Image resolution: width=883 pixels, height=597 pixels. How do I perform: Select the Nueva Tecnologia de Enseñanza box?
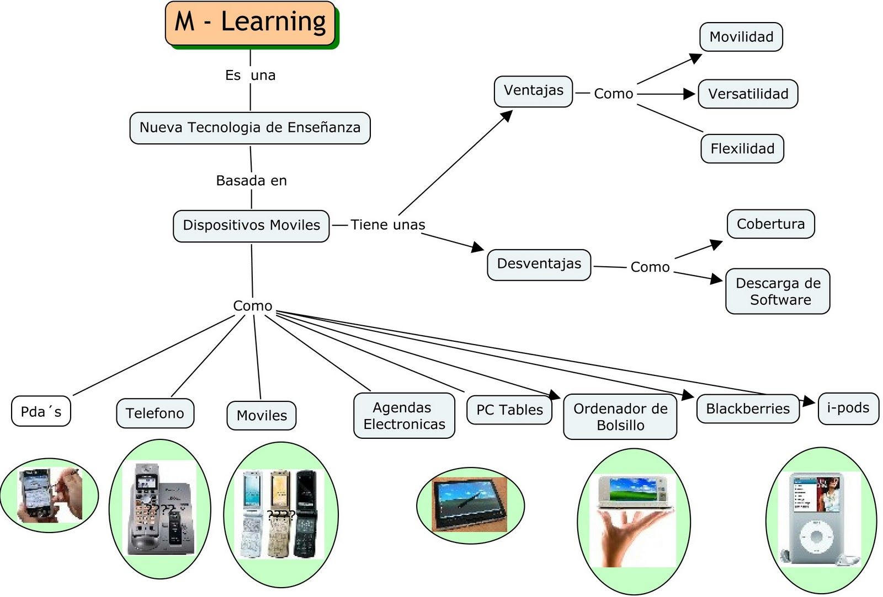249,128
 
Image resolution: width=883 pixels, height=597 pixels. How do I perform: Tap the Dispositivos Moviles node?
251,225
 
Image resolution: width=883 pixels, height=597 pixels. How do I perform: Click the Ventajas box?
533,91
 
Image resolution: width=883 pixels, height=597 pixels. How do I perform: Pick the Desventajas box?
539,264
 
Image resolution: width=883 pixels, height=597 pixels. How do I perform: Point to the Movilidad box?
741,37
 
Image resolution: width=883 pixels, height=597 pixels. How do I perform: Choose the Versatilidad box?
748,94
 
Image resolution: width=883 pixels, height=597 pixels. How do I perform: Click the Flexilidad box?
742,148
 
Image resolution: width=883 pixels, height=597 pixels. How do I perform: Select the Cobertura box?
770,224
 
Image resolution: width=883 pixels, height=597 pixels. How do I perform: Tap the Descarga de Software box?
778,291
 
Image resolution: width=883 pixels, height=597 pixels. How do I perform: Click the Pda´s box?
41,411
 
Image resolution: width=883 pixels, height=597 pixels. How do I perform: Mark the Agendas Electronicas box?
404,416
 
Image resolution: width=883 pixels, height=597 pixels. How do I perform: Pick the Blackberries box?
748,408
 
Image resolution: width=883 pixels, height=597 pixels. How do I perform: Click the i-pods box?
848,408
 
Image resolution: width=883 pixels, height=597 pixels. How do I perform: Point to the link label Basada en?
251,180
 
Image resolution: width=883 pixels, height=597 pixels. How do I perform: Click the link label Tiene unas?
387,224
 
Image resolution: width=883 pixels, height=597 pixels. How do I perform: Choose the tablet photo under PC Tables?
470,504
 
